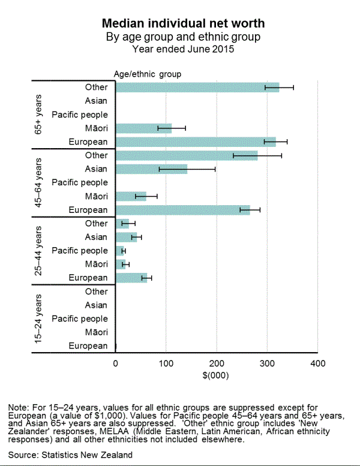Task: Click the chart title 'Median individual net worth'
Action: (x=184, y=24)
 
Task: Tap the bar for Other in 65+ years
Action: (x=197, y=88)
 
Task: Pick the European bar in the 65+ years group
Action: (x=195, y=142)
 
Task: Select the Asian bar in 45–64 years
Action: (x=151, y=169)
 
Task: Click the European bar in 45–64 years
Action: (x=182, y=210)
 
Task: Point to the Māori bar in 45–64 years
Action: (x=130, y=196)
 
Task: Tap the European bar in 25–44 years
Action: (x=131, y=278)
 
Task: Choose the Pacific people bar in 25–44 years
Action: (x=119, y=251)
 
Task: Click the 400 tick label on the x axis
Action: (x=318, y=363)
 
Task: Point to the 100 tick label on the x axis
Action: (x=166, y=363)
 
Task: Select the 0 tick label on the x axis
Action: (x=115, y=363)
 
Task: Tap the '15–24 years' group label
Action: (x=38, y=318)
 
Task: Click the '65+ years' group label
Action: (x=38, y=114)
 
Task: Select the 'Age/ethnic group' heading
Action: (x=148, y=74)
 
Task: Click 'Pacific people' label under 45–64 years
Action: (x=80, y=182)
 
